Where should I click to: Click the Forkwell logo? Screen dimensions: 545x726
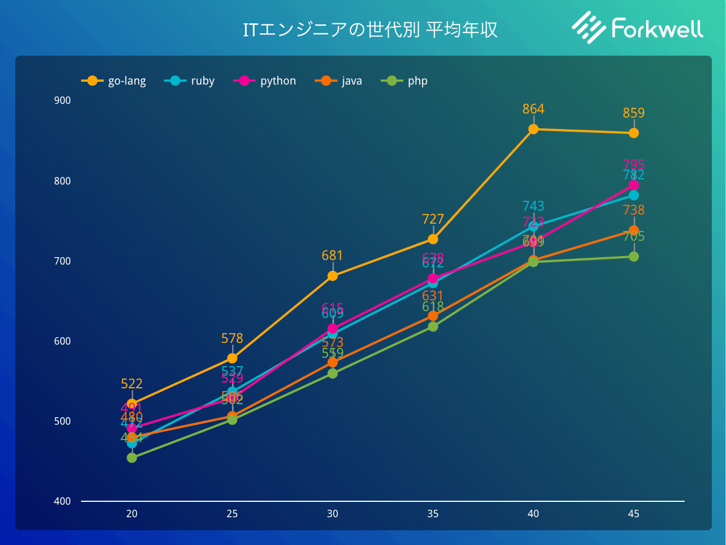[638, 28]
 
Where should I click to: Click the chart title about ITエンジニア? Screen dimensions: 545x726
[370, 30]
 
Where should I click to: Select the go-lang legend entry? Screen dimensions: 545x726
[114, 81]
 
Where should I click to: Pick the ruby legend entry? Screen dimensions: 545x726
[190, 81]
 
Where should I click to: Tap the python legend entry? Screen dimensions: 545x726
[265, 81]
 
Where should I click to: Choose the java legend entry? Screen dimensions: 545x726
[339, 81]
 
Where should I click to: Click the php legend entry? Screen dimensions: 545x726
[405, 81]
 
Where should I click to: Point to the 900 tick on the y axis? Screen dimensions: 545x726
[62, 100]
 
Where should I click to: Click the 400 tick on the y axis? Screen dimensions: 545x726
[62, 501]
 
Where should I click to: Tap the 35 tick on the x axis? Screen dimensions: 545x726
[433, 514]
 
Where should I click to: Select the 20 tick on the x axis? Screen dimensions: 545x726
[132, 514]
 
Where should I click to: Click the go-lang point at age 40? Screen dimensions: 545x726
[533, 129]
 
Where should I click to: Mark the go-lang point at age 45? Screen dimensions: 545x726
[634, 133]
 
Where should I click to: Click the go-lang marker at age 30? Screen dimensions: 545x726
[332, 276]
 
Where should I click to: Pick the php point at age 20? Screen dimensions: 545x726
[132, 458]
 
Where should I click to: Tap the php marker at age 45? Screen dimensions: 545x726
[634, 257]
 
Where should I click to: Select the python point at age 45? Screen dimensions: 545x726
[634, 185]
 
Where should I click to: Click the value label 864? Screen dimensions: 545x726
[533, 109]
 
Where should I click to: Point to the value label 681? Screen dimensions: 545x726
[332, 255]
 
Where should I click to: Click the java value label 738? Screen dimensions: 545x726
[634, 210]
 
